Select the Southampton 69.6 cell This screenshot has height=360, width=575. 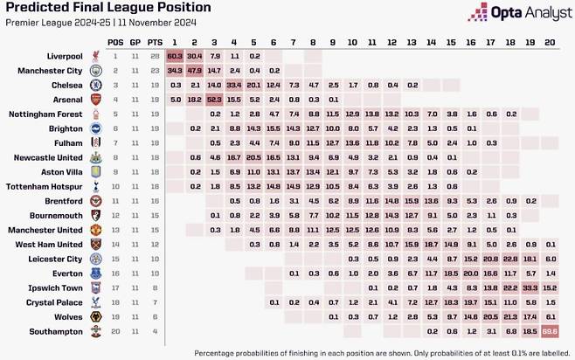[549, 332]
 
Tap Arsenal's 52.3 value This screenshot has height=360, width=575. [214, 100]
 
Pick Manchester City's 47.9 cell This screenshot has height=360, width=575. [194, 71]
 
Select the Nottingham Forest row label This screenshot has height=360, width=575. [46, 114]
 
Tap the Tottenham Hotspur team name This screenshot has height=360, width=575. [44, 187]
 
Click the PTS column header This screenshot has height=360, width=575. [152, 41]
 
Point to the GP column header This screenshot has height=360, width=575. [134, 41]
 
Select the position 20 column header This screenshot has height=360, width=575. [549, 41]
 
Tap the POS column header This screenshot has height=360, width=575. [115, 41]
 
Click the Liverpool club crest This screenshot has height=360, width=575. [95, 56]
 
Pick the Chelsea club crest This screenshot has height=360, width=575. [95, 85]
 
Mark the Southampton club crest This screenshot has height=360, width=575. [95, 332]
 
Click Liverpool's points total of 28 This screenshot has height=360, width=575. [152, 56]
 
